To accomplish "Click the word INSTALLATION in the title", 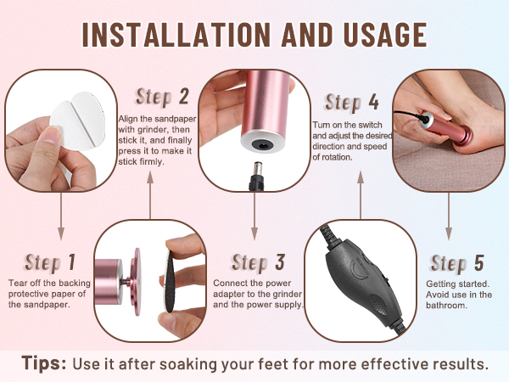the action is (x=176, y=35).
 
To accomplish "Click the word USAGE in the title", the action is (x=385, y=35).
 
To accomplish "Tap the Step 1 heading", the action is (x=50, y=262).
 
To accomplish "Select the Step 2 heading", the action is (x=162, y=97).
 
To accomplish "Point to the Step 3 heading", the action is (x=259, y=262).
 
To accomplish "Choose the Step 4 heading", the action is (x=352, y=103).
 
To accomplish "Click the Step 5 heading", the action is (x=457, y=263).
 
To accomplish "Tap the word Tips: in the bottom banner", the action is (x=44, y=362).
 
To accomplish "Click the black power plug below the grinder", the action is (x=256, y=176).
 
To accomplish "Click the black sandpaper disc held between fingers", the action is (x=170, y=282).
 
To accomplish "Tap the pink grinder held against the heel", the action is (x=446, y=127).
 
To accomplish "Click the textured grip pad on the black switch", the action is (x=378, y=304).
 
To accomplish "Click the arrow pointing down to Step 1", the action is (x=61, y=216).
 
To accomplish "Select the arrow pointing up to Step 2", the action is (x=150, y=195).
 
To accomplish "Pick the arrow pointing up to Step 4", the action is (x=361, y=195).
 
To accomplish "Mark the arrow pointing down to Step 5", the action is (x=449, y=216).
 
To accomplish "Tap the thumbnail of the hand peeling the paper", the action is (x=61, y=130).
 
